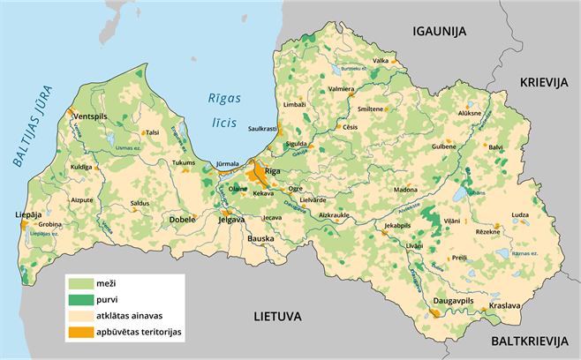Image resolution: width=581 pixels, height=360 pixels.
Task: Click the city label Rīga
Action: [x=272, y=170]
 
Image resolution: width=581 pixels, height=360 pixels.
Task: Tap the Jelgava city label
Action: [x=231, y=220]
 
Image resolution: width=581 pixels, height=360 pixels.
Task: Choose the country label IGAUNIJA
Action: [x=439, y=31]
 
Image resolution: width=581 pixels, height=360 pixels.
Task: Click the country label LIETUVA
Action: [x=278, y=315]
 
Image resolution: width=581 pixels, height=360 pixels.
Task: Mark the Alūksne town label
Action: [x=469, y=114]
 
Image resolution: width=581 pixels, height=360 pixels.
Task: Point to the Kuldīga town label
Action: [x=81, y=166]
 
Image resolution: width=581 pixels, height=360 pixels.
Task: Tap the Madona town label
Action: [x=405, y=190]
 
